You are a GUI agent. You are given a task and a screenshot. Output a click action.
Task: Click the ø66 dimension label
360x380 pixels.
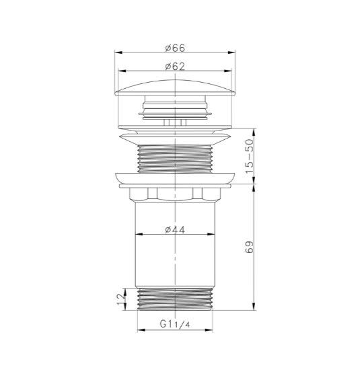point(175,48)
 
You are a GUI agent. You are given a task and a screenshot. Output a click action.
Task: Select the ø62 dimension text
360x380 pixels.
point(175,66)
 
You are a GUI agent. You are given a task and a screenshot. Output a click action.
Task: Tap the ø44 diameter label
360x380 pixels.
point(175,229)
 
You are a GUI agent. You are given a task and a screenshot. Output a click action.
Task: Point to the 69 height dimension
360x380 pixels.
point(249,247)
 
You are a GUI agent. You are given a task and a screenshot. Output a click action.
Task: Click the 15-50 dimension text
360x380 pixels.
point(249,156)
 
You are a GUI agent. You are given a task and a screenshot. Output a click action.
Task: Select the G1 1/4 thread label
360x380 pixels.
point(174,324)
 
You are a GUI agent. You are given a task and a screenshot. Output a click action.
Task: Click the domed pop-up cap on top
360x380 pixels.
point(175,87)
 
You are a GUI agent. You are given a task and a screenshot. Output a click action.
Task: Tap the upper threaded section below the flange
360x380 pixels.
point(175,159)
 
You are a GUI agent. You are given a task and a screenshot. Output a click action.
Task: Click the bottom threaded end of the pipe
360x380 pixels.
point(175,299)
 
